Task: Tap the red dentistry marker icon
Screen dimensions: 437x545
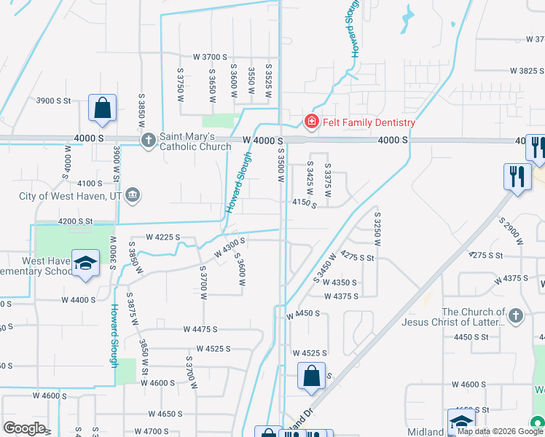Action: point(311,122)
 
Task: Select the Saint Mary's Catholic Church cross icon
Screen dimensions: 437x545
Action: point(148,139)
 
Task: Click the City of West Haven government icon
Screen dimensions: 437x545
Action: point(133,194)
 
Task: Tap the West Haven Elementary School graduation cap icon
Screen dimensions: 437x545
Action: point(86,265)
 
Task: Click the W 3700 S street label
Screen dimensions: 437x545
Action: point(211,57)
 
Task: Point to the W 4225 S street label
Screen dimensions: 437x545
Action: point(162,237)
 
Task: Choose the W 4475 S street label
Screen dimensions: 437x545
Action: point(201,329)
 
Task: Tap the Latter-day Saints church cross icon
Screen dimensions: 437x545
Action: point(516,316)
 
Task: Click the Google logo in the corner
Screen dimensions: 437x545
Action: point(24,428)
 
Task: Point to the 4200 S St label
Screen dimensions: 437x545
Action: point(76,221)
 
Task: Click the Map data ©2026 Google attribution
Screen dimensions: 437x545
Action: point(493,431)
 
